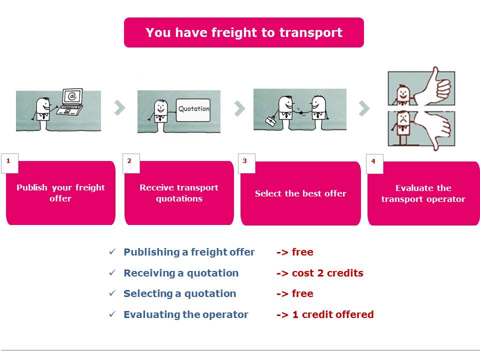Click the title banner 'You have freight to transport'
point(243,32)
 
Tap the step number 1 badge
point(9,163)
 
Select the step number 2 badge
point(131,163)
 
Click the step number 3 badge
point(246,163)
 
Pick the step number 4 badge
point(374,164)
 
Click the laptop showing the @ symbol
point(70,102)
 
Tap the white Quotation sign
point(193,110)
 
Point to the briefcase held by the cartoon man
point(270,121)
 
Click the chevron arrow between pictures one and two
point(119,107)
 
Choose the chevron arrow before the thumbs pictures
point(364,108)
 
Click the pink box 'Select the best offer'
point(300,193)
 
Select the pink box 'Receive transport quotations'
point(179,193)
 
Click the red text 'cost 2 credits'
point(327,273)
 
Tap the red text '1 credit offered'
point(333,314)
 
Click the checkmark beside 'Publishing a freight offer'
point(112,251)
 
